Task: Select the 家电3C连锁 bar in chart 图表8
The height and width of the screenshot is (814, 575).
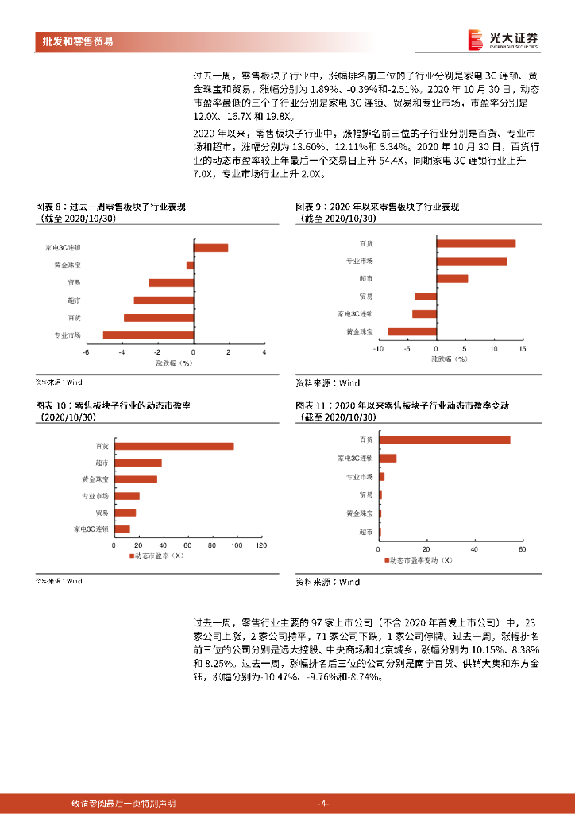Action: coord(210,248)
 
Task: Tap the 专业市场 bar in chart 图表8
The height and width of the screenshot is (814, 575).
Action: coord(149,335)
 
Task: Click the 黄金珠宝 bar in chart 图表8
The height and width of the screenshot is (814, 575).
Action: coord(190,265)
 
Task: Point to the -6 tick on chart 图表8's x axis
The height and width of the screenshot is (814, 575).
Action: coord(87,351)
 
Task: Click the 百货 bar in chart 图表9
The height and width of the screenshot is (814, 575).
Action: coord(477,243)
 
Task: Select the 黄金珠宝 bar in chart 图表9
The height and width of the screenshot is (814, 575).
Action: coord(412,331)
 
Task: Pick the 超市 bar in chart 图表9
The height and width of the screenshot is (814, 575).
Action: coord(453,278)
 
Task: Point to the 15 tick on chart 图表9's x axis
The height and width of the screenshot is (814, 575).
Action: coord(522,348)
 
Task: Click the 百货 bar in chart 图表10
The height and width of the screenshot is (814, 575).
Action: coord(174,446)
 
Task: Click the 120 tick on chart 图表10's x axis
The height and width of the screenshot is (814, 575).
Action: coord(260,545)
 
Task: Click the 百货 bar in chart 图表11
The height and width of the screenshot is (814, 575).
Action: coord(444,440)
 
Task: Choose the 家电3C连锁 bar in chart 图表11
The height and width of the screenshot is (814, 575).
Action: coord(388,458)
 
